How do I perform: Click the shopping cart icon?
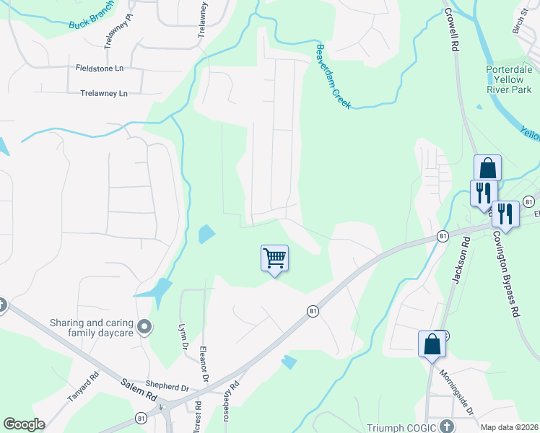[274, 257]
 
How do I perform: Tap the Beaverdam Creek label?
[333, 76]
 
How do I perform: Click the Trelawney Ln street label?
[103, 93]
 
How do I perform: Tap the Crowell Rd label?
[453, 28]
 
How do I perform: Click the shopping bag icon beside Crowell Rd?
[487, 167]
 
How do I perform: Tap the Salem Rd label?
[138, 394]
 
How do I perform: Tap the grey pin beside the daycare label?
[144, 328]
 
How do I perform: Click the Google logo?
[24, 424]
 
